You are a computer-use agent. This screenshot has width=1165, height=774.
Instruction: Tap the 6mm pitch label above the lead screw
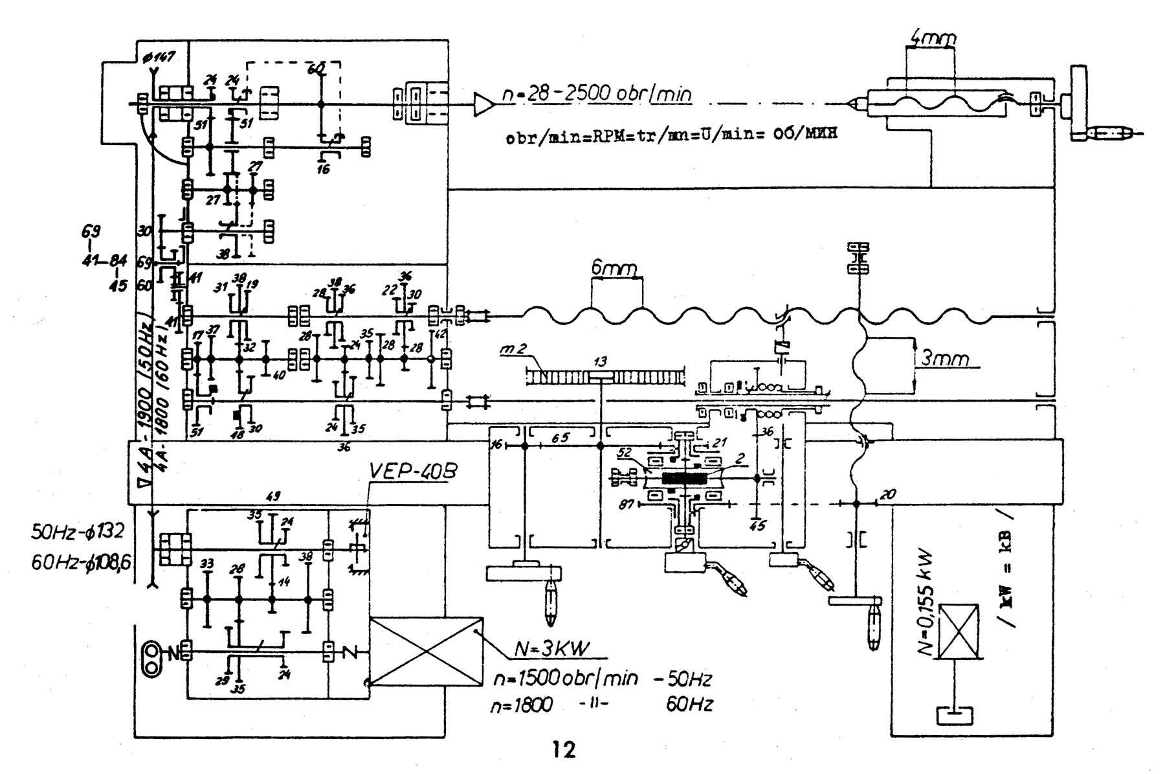[x=614, y=267]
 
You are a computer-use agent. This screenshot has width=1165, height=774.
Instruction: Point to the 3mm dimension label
[x=944, y=357]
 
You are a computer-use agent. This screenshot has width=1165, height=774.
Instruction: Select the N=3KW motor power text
[x=551, y=649]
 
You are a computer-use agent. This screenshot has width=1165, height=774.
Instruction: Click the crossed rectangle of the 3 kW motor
[x=426, y=651]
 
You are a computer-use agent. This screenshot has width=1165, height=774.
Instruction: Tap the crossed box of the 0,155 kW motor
[x=958, y=632]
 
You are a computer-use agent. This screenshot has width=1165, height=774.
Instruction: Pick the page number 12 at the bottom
[x=564, y=750]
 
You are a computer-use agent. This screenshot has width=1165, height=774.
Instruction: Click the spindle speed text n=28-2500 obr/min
[x=597, y=94]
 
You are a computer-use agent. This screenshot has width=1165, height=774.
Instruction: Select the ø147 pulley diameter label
[x=158, y=57]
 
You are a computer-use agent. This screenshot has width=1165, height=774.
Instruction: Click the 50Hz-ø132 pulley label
[x=77, y=532]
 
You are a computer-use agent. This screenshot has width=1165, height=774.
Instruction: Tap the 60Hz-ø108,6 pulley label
[x=81, y=562]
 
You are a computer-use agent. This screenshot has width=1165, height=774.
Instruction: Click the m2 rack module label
[x=513, y=350]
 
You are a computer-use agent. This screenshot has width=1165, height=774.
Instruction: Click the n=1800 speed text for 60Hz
[x=522, y=705]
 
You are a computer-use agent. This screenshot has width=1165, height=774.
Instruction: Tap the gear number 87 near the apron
[x=625, y=504]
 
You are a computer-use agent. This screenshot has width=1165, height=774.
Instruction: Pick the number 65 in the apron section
[x=560, y=438]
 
